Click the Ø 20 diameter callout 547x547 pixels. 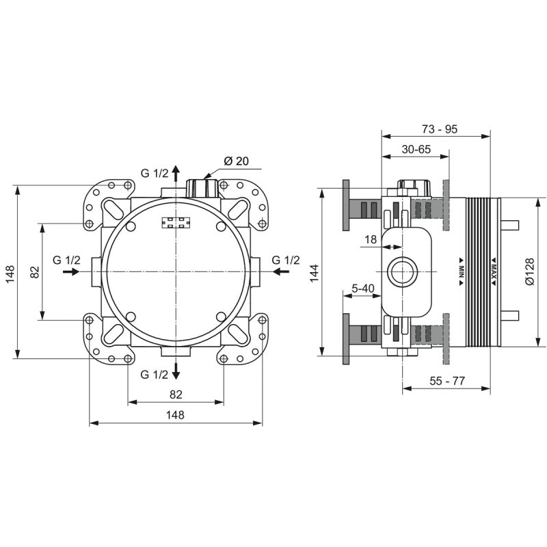[237, 161]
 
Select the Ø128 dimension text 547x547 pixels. [529, 271]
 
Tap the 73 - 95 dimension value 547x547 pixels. [440, 129]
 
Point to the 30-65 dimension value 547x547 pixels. [416, 149]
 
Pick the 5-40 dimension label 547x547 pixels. [363, 289]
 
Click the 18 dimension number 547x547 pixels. [371, 239]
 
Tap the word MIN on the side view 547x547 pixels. [461, 271]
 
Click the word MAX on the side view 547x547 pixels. [494, 271]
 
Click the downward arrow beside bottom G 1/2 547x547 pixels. [176, 371]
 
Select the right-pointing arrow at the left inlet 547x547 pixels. [72, 271]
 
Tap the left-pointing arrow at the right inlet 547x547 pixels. [281, 271]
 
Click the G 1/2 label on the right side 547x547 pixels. [286, 261]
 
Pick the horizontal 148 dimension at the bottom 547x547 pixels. [175, 415]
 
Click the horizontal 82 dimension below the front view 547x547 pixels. [176, 395]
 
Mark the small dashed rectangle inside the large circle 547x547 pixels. [176, 223]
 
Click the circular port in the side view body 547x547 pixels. [403, 271]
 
